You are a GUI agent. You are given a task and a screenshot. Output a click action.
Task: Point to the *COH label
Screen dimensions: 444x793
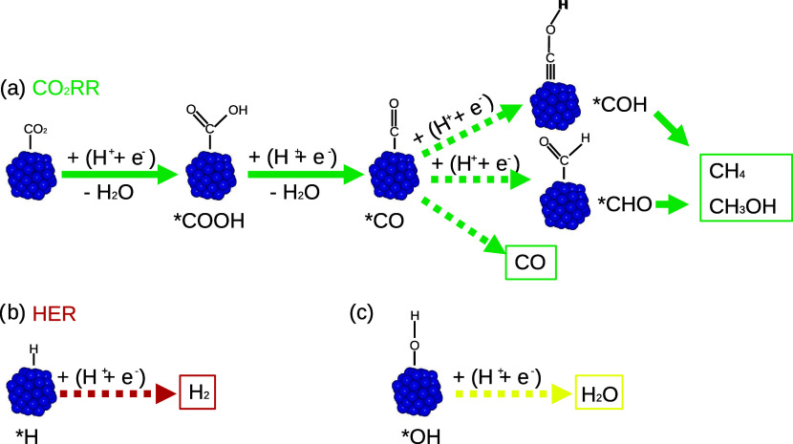[617, 103]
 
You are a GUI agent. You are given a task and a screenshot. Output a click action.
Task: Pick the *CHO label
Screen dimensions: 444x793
[620, 203]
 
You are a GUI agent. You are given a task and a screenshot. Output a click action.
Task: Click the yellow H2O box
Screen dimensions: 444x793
[594, 392]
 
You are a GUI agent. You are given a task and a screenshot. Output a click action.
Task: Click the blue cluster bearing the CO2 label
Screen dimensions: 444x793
[32, 173]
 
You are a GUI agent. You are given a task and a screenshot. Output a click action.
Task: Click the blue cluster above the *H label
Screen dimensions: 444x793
[32, 389]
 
